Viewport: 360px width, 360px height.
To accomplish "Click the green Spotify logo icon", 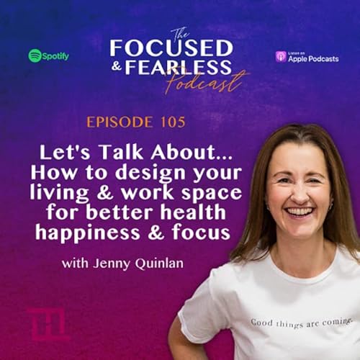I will [35, 55].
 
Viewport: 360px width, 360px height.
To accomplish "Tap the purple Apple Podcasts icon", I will [282, 56].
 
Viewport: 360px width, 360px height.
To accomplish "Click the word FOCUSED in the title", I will [171, 48].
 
